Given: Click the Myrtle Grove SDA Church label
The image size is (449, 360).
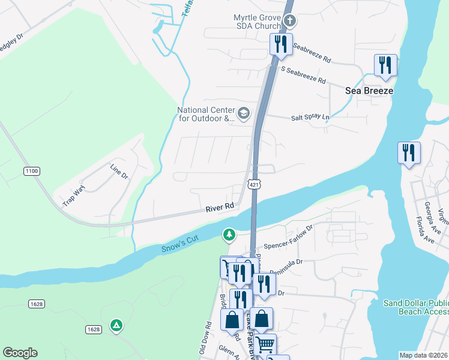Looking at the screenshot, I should point(257,22).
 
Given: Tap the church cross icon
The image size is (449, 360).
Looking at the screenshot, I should point(290,22).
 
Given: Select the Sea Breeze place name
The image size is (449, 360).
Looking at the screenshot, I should point(369,91).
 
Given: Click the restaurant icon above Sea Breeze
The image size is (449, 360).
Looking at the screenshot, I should point(385,65).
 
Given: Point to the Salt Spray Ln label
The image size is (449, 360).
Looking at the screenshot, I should point(310,118).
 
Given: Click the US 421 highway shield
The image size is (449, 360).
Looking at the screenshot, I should point(255,185).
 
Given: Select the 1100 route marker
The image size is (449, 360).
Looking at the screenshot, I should point(32,172).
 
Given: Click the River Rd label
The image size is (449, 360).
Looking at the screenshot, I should point(220,207).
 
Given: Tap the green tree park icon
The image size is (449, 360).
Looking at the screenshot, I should point(229,235).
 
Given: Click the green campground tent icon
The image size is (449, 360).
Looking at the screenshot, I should point(116,326).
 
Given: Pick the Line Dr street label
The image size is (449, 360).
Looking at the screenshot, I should point(119,171).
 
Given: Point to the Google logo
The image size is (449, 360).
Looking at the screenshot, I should point(20,353).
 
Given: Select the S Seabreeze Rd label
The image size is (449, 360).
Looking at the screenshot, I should point(304,76).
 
